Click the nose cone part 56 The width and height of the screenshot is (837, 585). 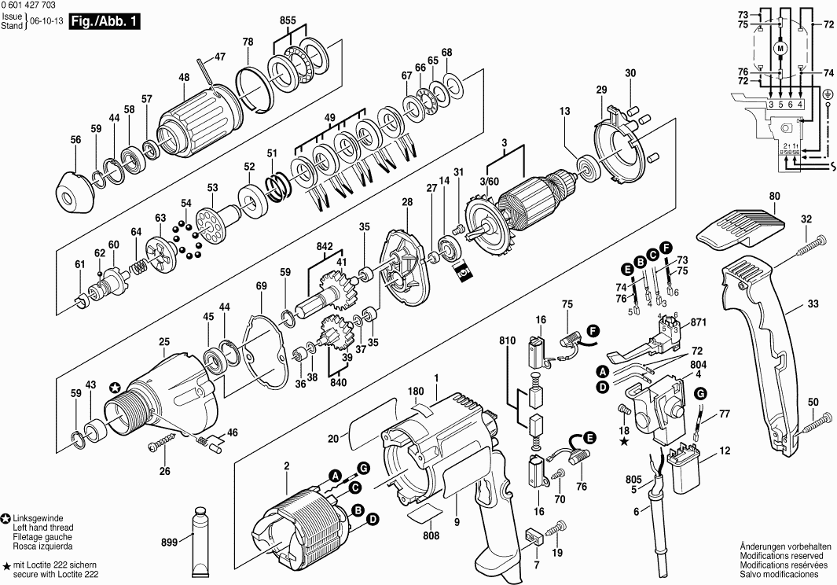tap(75, 192)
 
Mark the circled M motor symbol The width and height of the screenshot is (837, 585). tap(780, 49)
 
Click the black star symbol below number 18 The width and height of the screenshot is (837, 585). tap(624, 442)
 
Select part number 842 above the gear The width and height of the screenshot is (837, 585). tap(325, 246)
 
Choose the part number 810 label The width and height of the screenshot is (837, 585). tap(507, 341)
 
